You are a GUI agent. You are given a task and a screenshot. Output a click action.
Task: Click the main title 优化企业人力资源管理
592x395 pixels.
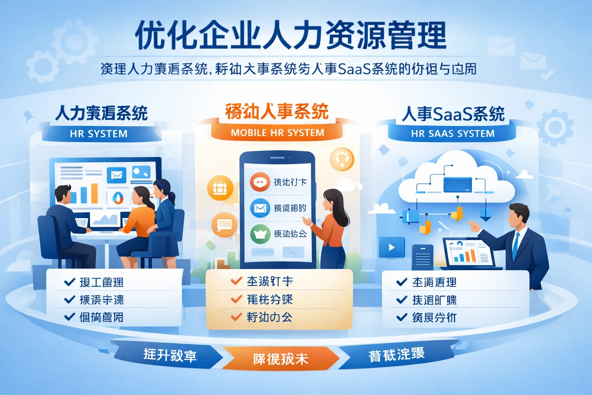291,35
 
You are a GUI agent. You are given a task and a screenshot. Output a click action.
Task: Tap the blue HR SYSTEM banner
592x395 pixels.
99,134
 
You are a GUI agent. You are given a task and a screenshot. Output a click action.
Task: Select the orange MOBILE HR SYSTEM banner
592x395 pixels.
277,133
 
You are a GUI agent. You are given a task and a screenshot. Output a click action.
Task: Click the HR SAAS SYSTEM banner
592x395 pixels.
452,133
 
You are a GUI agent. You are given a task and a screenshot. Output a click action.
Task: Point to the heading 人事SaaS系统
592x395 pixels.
453,114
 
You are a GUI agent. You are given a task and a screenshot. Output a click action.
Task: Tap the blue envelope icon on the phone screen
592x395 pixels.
260,208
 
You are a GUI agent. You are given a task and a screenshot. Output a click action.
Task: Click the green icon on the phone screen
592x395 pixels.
260,234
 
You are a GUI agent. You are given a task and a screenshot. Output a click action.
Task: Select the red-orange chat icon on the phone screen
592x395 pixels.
260,182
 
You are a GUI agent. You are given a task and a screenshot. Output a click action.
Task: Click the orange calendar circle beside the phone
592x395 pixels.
220,188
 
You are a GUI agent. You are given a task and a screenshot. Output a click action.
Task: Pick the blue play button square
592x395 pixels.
392,247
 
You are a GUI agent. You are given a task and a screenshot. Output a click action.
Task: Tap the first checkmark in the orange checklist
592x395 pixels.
236,281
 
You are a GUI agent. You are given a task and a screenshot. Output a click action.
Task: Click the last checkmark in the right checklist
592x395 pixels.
402,317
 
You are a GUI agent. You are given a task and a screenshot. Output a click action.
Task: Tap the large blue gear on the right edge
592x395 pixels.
555,127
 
